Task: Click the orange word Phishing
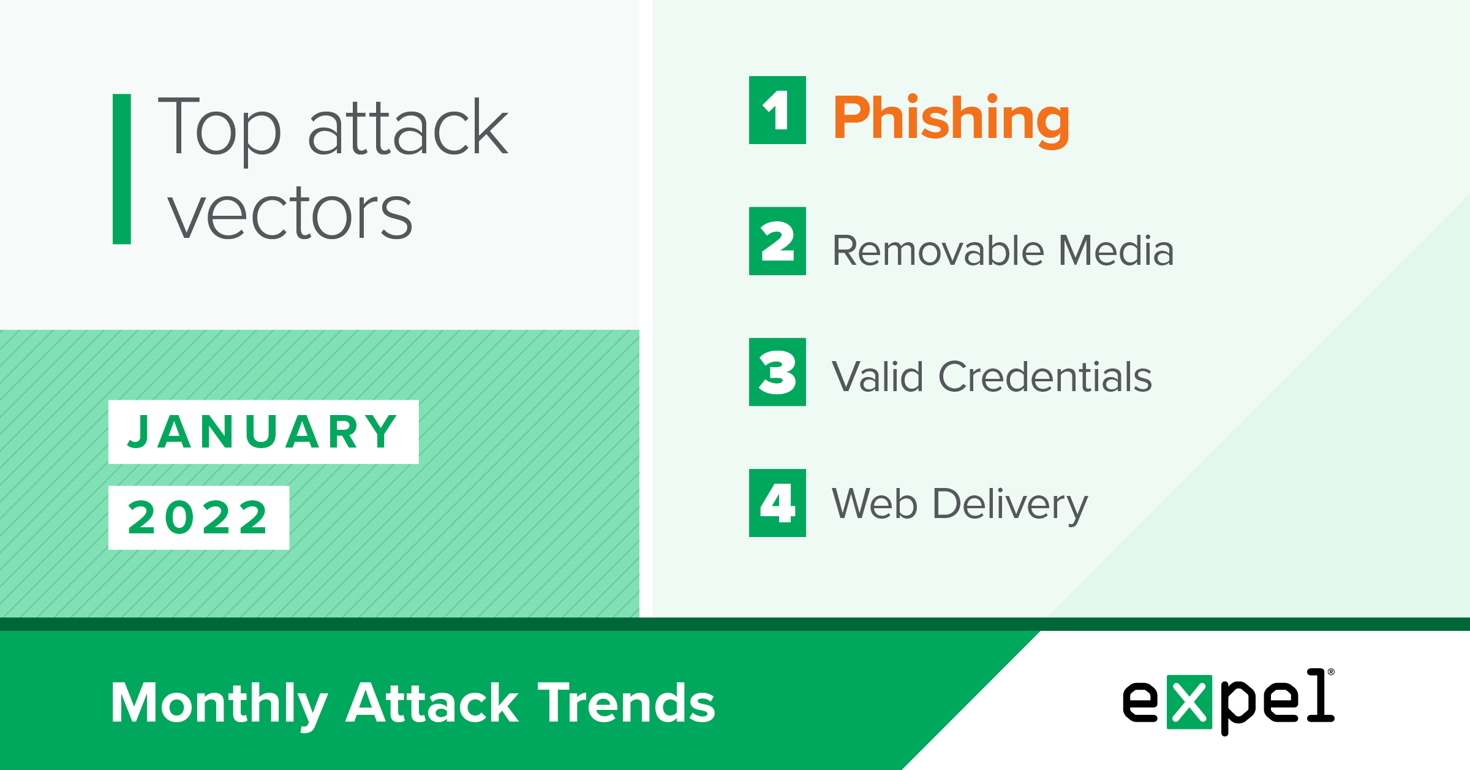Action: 951,120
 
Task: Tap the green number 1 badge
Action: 777,110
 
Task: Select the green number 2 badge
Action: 777,241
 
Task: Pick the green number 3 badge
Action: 777,372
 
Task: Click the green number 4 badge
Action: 777,503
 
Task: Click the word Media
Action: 1116,251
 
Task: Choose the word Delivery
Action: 1010,505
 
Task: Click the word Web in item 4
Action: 875,503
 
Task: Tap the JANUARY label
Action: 263,432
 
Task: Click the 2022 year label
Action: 198,517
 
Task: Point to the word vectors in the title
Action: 290,213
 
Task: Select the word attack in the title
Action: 408,127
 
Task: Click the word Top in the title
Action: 219,131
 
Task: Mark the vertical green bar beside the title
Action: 122,169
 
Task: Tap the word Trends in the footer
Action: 627,703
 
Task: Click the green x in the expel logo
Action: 1189,702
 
